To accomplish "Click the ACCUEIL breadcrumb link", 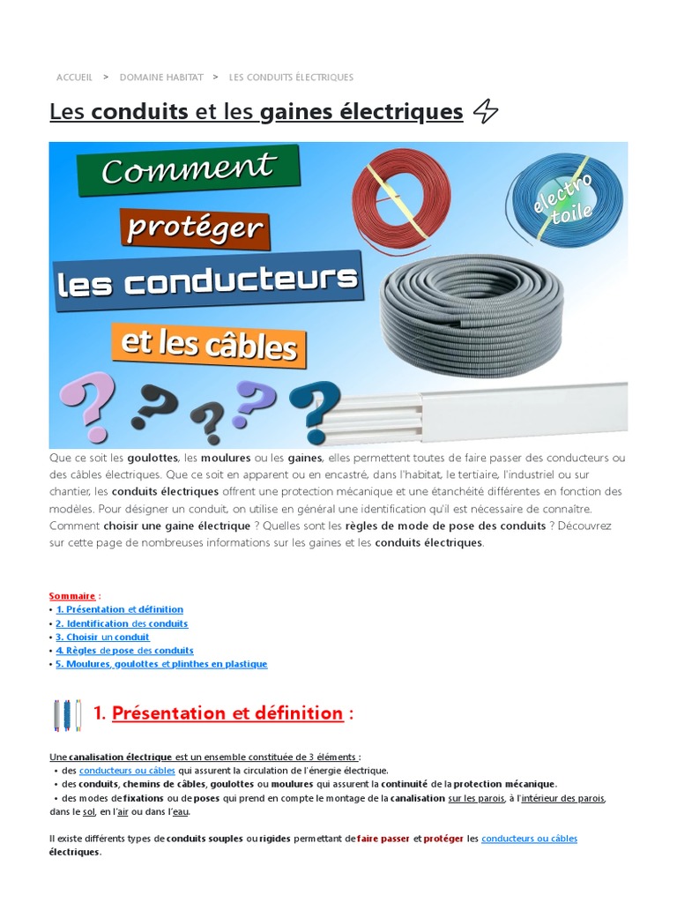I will coord(74,78).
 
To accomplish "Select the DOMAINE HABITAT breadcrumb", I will coord(161,78).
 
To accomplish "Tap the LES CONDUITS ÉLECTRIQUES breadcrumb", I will coord(291,78).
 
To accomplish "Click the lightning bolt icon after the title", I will coord(486,112).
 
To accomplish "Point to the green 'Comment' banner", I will coord(189,169).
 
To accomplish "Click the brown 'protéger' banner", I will coord(194,228).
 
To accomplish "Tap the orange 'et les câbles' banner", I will coord(209,344).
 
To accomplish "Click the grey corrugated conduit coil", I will coord(472,313).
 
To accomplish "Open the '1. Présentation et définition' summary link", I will coord(119,609).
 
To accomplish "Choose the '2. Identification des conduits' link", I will coord(122,623).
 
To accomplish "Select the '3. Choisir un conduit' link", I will coord(102,637).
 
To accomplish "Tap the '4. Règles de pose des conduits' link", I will coord(124,651).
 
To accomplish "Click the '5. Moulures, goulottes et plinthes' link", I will coord(160,664).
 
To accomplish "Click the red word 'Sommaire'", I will coord(72,596).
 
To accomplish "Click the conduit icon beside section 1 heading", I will coord(67,714).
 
